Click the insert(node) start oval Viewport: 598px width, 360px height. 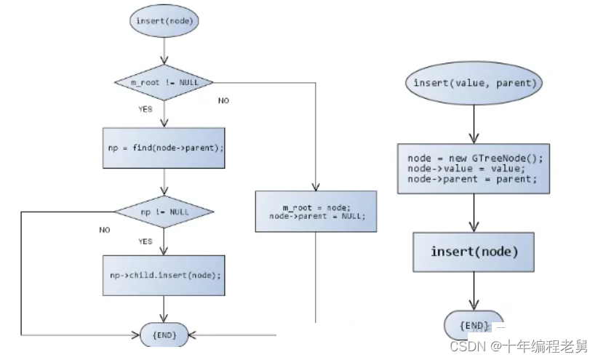coord(164,21)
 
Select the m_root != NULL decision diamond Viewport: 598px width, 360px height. coord(164,82)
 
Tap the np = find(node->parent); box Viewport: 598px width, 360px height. coord(164,148)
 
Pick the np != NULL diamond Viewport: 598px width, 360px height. coord(164,212)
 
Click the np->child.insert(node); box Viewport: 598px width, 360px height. coord(164,276)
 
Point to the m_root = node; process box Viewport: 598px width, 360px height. coord(316,212)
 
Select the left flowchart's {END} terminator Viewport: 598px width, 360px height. coord(164,335)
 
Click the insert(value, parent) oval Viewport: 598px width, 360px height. coord(474,83)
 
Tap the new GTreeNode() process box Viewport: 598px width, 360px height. coord(474,169)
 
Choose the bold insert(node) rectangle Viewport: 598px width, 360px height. coord(474,252)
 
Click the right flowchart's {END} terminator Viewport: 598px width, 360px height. coord(474,325)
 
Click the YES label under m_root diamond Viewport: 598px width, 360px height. coord(145,109)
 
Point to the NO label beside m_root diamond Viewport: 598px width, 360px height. coord(223,100)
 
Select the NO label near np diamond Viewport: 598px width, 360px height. coord(105,230)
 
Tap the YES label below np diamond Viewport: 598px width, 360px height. coord(145,241)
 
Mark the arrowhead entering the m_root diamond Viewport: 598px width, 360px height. coord(164,60)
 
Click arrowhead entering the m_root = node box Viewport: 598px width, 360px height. coord(316,186)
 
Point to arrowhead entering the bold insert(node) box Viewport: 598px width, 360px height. coord(474,228)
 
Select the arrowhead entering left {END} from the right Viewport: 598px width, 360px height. coord(192,335)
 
